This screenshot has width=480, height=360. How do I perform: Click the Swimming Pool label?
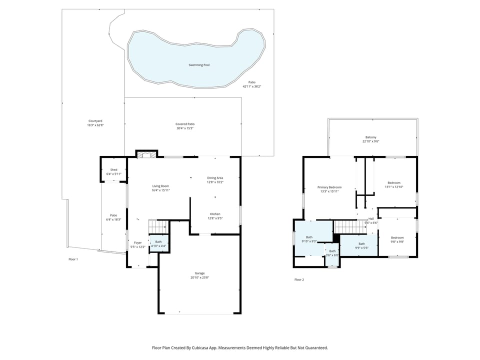click(199, 65)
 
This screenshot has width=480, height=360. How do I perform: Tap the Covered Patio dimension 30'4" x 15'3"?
click(184, 128)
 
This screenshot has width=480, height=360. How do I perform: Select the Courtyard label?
click(95, 121)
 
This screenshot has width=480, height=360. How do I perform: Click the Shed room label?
click(113, 170)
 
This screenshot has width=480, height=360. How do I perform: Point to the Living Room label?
click(160, 186)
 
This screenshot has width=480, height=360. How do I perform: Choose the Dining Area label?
click(215, 178)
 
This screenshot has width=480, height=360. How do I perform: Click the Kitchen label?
click(215, 214)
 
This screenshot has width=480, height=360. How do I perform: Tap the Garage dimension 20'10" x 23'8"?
click(199, 277)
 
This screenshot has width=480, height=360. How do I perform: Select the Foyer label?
click(137, 243)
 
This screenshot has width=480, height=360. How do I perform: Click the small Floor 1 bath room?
click(158, 243)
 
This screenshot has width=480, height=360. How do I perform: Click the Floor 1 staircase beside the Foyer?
click(156, 226)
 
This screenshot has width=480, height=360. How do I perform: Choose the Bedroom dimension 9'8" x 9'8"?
click(397, 241)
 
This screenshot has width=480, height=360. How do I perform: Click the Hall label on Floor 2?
click(371, 218)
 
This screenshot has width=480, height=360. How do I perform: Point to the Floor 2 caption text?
click(299, 279)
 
